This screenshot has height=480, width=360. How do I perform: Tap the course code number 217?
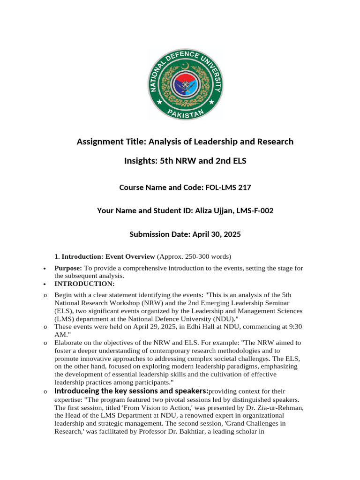pos(243,187)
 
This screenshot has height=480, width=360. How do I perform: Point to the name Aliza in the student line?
pos(202,211)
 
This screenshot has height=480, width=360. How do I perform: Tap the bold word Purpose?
pos(68,268)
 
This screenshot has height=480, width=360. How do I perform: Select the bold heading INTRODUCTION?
pos(84,284)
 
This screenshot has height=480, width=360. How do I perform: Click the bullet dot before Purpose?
pos(44,269)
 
